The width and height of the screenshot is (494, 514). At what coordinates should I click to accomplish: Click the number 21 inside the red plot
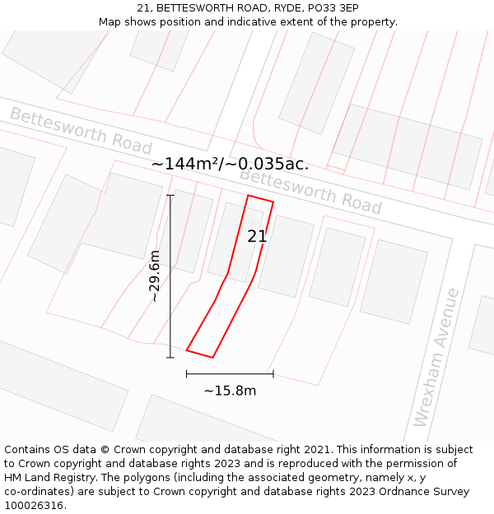[x=257, y=237]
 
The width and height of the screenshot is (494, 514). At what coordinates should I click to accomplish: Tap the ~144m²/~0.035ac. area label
[x=230, y=164]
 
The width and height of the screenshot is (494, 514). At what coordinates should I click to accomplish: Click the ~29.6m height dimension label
[x=155, y=276]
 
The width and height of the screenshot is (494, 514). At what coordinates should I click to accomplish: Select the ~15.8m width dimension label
[x=230, y=391]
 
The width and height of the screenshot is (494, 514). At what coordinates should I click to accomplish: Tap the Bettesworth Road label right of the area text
[x=310, y=191]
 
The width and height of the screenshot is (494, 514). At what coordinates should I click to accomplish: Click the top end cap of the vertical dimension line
[x=170, y=195]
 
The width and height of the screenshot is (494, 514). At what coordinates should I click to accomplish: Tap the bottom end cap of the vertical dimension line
[x=170, y=358]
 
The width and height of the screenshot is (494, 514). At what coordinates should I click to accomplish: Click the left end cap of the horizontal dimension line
[x=187, y=374]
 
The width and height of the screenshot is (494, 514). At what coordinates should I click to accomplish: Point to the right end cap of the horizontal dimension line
[x=273, y=374]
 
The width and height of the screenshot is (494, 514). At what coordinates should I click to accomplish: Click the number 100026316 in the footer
[x=35, y=505]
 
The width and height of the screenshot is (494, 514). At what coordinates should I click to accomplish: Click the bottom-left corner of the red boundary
[x=187, y=350]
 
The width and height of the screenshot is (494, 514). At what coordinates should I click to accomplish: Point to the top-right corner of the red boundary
[x=273, y=201]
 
